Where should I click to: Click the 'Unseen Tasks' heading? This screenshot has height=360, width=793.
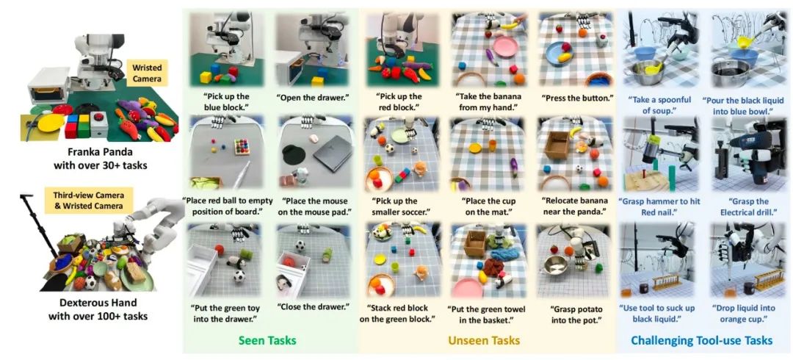(x=485, y=340)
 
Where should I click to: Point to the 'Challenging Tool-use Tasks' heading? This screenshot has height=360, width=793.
(x=703, y=340)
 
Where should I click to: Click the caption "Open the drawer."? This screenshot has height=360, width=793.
(x=311, y=97)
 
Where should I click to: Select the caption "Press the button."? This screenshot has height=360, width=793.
(x=573, y=97)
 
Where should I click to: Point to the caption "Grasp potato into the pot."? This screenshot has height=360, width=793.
(x=573, y=312)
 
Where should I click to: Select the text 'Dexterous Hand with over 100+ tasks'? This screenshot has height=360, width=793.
(x=98, y=310)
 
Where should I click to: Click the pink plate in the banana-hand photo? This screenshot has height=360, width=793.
(x=504, y=47)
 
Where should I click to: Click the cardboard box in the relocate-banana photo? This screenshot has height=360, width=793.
(x=557, y=145)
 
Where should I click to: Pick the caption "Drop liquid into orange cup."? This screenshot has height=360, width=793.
(x=747, y=314)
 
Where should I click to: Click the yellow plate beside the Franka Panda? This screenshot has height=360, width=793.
(x=51, y=123)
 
